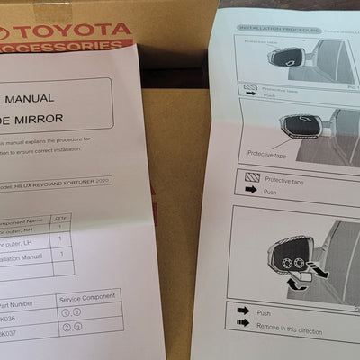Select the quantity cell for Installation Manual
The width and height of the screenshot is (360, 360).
[x=60, y=260]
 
